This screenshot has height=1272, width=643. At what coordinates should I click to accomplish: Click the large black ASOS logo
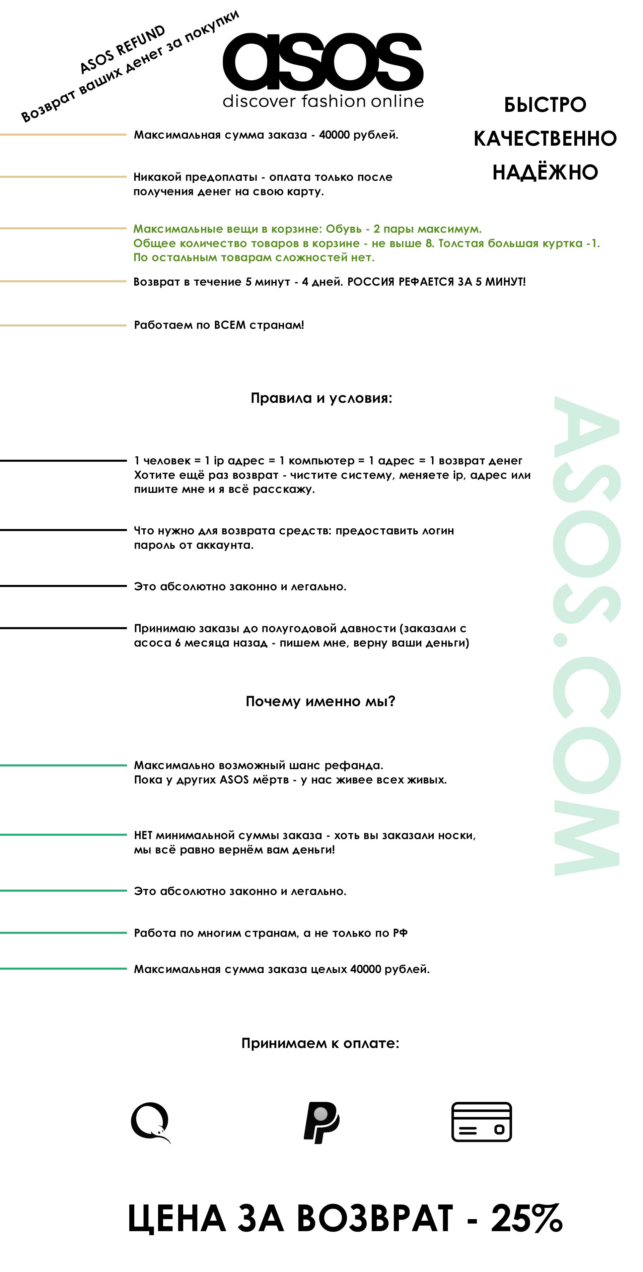tap(323, 62)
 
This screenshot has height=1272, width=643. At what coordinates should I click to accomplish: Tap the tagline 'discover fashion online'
tap(323, 101)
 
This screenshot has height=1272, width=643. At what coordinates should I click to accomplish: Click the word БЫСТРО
tap(545, 105)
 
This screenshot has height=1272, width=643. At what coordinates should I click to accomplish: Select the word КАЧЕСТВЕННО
tap(545, 139)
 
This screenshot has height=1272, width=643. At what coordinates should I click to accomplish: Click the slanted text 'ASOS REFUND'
tap(123, 49)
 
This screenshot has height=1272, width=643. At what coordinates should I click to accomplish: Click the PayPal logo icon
tap(321, 1122)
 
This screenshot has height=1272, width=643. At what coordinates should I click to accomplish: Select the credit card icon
tap(482, 1122)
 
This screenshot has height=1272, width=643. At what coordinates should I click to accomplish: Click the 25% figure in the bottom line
tap(526, 1219)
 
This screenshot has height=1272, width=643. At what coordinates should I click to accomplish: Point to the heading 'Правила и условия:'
tap(321, 398)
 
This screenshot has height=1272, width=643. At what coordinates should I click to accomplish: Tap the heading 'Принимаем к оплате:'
tap(320, 1043)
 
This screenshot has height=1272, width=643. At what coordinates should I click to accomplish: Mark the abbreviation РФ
tap(400, 933)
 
